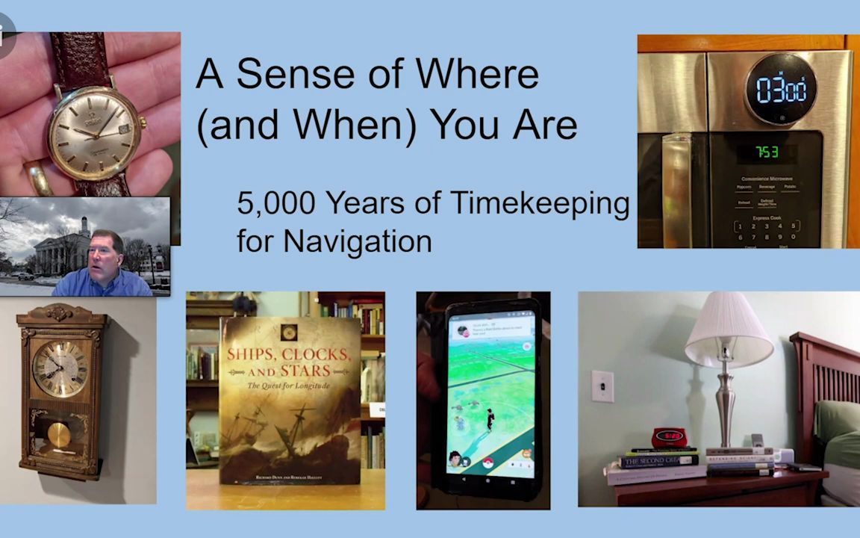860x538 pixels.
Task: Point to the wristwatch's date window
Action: pos(124,129)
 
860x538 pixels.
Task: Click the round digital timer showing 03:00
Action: pos(781,90)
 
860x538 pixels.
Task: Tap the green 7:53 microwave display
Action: pos(767,153)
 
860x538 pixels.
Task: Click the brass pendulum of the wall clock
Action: pos(59,434)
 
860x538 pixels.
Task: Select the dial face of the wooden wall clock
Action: pos(60,368)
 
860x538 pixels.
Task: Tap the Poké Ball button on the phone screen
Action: pos(488,461)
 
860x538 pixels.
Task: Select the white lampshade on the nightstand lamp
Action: pos(729,330)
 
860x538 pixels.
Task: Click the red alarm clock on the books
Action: pos(667,436)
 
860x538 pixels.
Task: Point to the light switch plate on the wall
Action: pos(602,386)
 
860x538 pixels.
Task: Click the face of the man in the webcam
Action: pos(105,254)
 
